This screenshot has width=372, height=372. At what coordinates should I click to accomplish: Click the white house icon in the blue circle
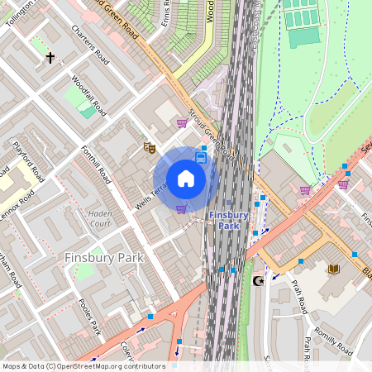click(x=186, y=179)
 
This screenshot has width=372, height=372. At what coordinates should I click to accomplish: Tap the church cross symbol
click(x=51, y=58)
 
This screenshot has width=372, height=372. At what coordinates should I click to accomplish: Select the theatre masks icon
click(x=150, y=147)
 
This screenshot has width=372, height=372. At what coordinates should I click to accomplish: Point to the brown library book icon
click(x=334, y=269)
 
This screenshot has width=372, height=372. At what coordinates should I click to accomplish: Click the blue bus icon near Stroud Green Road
click(x=201, y=157)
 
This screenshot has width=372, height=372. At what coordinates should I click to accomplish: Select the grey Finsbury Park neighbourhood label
click(x=104, y=258)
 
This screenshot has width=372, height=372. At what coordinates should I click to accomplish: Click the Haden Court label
click(x=99, y=218)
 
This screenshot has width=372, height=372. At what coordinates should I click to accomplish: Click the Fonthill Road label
click(x=95, y=161)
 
